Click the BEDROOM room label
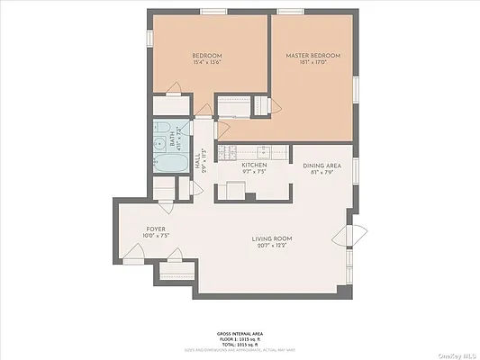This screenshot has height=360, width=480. coord(207,56)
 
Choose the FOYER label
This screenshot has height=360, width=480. coord(157,229)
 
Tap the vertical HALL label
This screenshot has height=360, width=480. coord(198,161)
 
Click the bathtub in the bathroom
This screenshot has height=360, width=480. coord(168,165)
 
